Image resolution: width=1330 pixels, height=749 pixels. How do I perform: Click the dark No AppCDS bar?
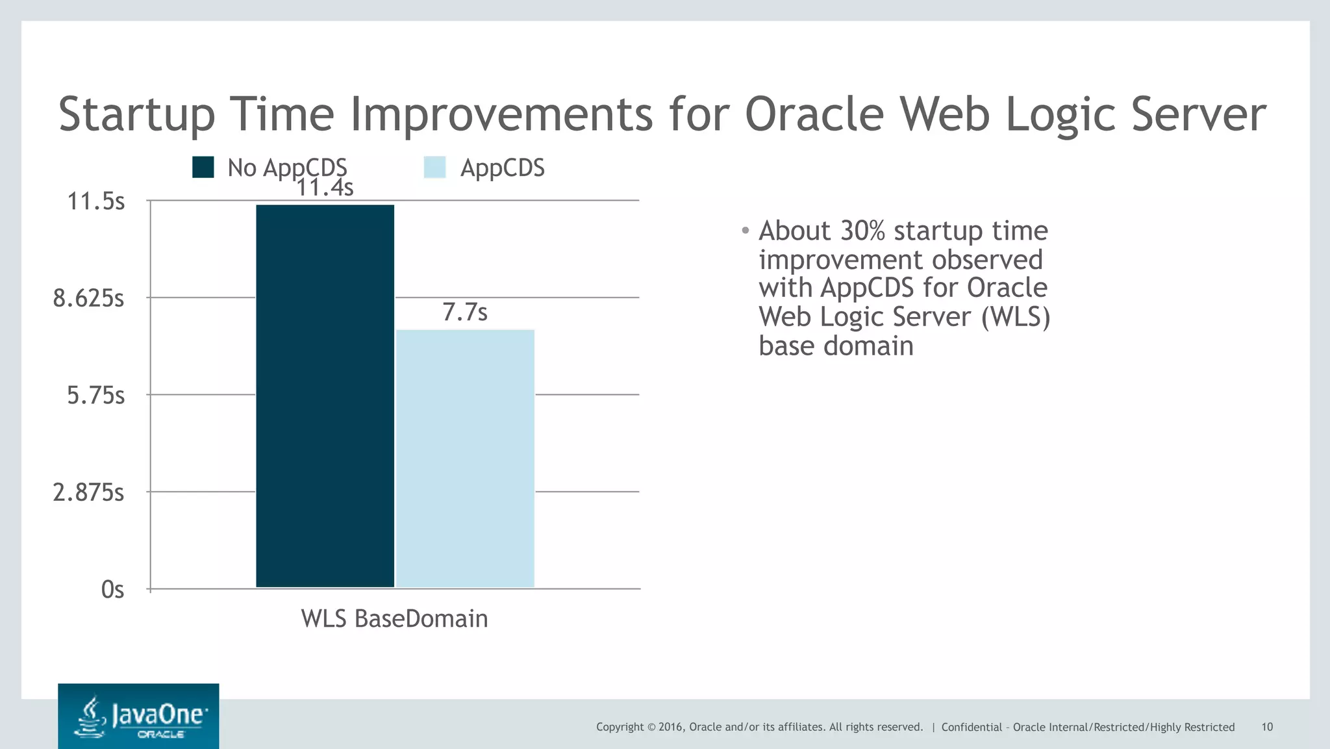[325, 396]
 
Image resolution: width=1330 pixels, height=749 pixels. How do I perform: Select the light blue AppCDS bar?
[465, 459]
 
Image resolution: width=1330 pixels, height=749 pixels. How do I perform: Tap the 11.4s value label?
[325, 188]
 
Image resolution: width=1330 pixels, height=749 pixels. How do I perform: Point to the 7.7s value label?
[465, 312]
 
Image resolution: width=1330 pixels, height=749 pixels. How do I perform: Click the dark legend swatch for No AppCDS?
[203, 168]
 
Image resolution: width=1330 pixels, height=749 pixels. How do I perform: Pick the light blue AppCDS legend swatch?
[434, 168]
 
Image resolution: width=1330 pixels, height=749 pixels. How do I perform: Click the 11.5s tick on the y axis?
[96, 201]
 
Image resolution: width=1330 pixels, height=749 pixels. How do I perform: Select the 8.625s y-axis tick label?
[88, 298]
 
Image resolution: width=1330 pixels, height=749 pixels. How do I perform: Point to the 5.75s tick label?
[96, 395]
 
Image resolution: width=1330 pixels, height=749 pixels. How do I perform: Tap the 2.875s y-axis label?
[88, 492]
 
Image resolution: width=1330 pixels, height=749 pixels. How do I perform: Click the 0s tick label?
[112, 589]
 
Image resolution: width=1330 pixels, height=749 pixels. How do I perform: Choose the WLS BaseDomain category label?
[394, 618]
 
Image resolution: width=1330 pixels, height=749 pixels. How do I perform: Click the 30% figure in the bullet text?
[863, 231]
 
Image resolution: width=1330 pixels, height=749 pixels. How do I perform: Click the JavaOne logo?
[138, 716]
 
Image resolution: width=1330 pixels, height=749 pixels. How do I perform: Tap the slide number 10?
[1267, 727]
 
